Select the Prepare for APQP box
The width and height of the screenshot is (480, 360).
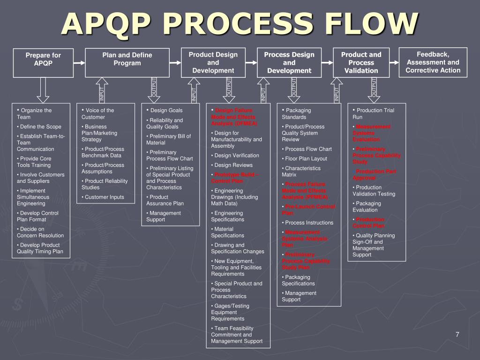pos(44,62)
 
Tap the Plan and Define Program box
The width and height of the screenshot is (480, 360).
pos(127,62)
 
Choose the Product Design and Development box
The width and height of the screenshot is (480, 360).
pos(213,62)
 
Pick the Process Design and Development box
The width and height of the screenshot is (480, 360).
pos(289,62)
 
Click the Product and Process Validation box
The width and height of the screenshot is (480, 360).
pos(361,62)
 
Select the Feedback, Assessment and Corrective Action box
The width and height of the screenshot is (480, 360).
pos(433,62)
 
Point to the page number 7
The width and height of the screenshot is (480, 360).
pos(457,334)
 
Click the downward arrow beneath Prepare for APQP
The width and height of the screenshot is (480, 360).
pos(43,90)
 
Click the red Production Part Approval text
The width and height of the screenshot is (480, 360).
pos(375,174)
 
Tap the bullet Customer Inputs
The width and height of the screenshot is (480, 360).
pos(104,197)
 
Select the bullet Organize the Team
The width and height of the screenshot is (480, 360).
pos(35,113)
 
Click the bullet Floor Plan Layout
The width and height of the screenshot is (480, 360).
pos(306,158)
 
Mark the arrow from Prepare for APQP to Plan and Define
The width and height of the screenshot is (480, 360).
pos(79,62)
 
